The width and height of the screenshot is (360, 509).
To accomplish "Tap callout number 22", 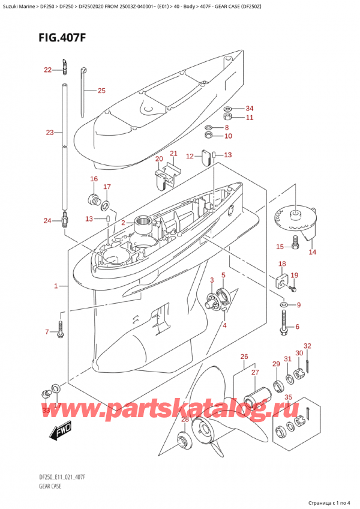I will (48, 70).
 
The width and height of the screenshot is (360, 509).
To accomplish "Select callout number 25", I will (101, 91).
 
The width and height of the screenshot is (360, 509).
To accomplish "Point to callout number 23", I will (49, 132).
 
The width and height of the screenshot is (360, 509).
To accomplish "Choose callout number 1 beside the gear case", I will (56, 286).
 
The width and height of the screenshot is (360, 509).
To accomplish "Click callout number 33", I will (47, 410).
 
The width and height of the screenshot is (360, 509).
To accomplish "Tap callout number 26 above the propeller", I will (244, 358).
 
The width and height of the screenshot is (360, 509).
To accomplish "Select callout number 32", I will (307, 346).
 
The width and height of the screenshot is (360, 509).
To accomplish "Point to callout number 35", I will (288, 397).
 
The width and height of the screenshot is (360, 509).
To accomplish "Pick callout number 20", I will (159, 159).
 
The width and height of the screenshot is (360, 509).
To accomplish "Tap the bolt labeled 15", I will (295, 242).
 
